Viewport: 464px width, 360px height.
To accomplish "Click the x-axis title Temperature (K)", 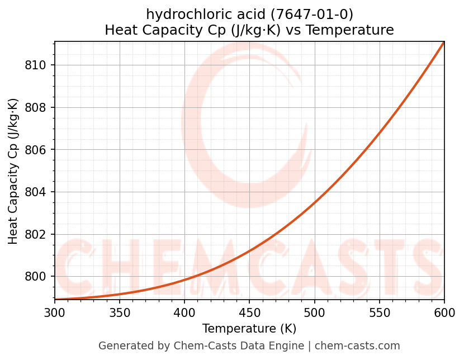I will tap(249, 329).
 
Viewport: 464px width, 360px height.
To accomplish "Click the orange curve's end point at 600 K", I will tap(444, 42).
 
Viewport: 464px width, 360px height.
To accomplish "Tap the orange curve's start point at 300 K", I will tap(55, 300).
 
